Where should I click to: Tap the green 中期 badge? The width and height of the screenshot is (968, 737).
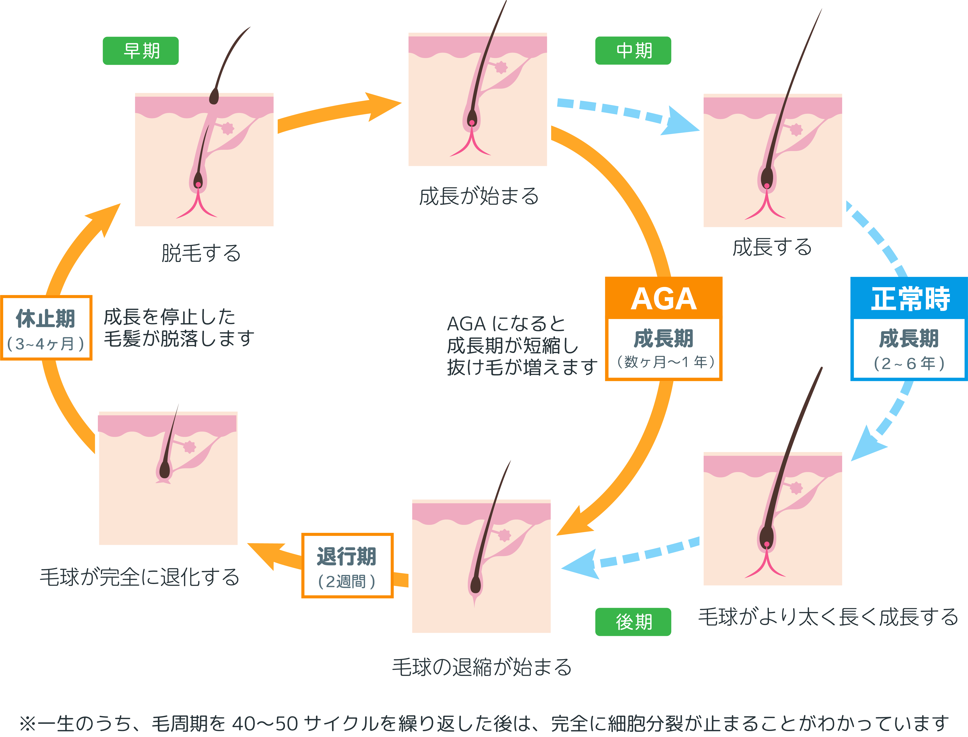click(633, 51)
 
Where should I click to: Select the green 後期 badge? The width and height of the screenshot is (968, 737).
click(633, 622)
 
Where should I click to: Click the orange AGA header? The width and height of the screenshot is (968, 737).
click(663, 298)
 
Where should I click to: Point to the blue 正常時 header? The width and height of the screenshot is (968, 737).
click(909, 298)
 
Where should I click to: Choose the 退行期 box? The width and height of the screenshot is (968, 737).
click(347, 565)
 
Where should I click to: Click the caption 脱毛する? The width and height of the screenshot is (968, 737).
click(201, 253)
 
